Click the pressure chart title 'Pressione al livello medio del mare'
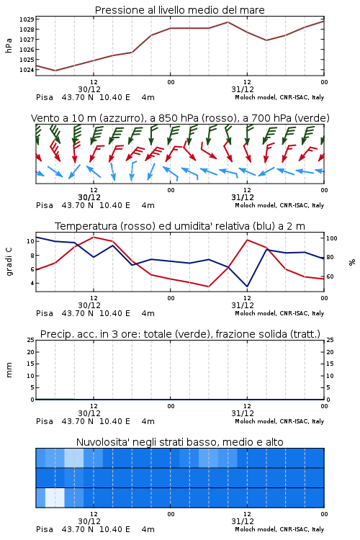pyautogui.click(x=179, y=10)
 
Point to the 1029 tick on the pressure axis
pyautogui.click(x=27, y=19)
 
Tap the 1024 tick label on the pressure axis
pyautogui.click(x=27, y=70)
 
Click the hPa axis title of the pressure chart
pyautogui.click(x=9, y=45)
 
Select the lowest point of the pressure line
pyautogui.click(x=55, y=71)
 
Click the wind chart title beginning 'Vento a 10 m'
pyautogui.click(x=180, y=118)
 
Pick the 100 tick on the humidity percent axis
pyautogui.click(x=332, y=238)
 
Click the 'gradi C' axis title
pyautogui.click(x=9, y=261)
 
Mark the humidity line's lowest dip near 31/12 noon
pyautogui.click(x=247, y=286)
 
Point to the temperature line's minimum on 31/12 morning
pyautogui.click(x=208, y=286)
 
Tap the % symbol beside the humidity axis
pyautogui.click(x=352, y=262)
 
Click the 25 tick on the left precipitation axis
pyautogui.click(x=31, y=340)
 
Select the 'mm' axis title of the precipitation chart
pyautogui.click(x=9, y=370)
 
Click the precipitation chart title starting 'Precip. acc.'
pyautogui.click(x=180, y=334)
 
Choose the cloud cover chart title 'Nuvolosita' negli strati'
pyautogui.click(x=179, y=442)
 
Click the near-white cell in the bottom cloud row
pyautogui.click(x=55, y=498)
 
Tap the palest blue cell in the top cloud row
pyautogui.click(x=74, y=458)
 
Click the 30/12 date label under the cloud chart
pyautogui.click(x=89, y=521)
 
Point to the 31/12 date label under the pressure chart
pyautogui.click(x=243, y=89)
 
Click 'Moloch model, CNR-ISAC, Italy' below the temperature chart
pyautogui.click(x=279, y=313)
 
